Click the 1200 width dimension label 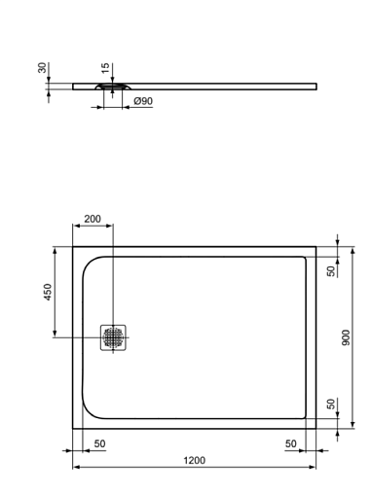[195, 460]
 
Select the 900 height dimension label [346, 337]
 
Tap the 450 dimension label [48, 292]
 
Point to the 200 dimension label [93, 219]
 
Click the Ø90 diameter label [143, 101]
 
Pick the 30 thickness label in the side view [42, 68]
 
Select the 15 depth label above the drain [105, 68]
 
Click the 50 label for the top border [331, 271]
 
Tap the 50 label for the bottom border [331, 404]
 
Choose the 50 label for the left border [99, 443]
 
